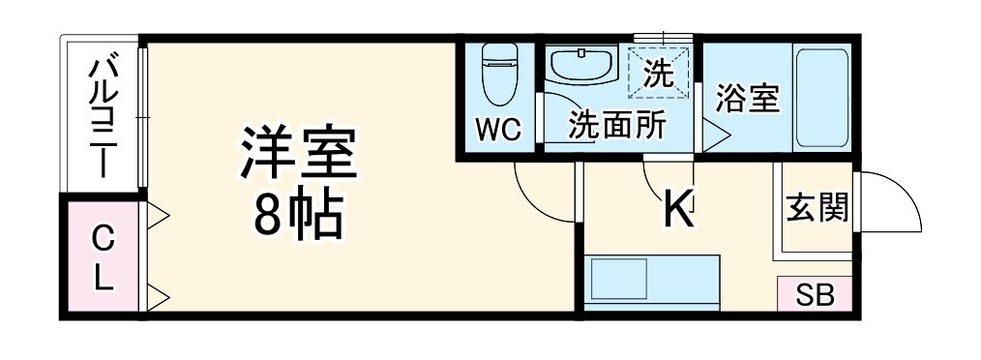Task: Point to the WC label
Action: [x=498, y=129]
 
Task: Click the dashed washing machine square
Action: [x=658, y=71]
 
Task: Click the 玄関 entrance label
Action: [x=817, y=208]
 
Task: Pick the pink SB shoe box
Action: [x=815, y=295]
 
